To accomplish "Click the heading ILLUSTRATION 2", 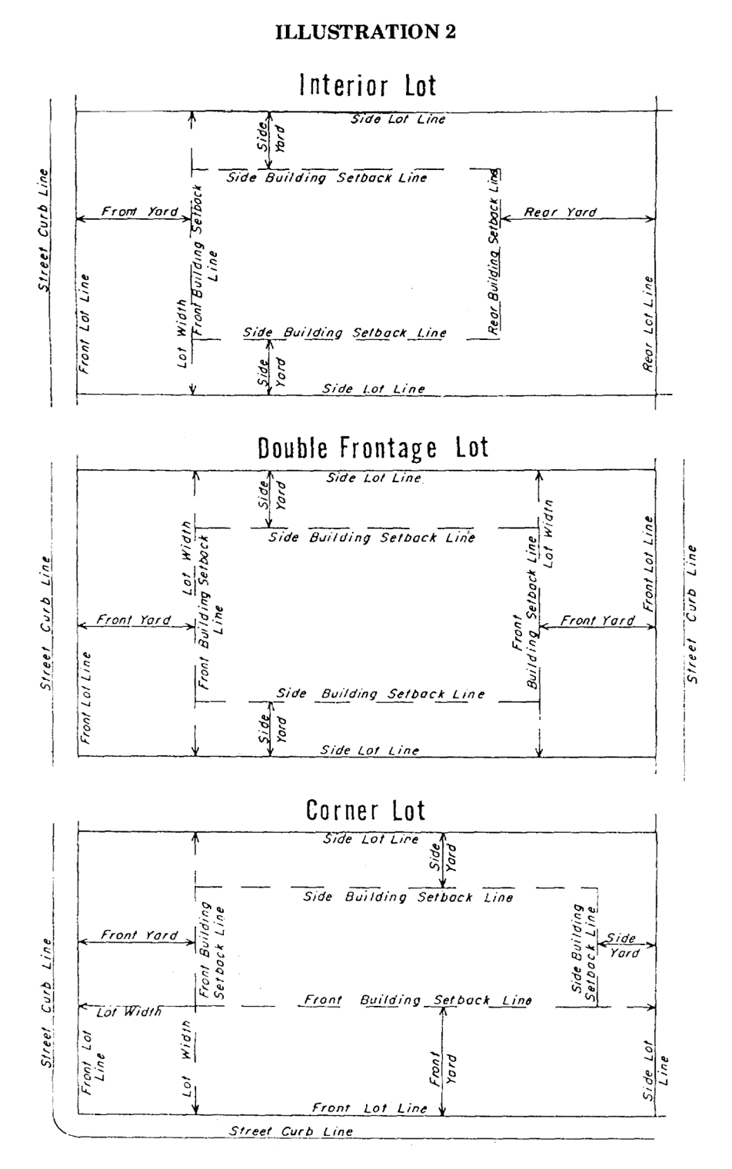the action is coord(365,32).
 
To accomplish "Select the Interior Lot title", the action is coord(368,85).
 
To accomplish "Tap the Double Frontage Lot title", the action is coord(373,448).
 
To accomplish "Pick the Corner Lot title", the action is coord(365,810).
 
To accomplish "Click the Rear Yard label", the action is coord(560,211).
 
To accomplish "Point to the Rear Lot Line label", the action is coord(649,324).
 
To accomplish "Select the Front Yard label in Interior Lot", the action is coord(139,211).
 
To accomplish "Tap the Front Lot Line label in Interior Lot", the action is coord(84,324).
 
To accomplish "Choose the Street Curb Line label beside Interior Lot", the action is coord(43,231).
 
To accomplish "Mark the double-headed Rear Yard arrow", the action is coord(577,220).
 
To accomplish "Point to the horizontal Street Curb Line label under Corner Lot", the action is coord(291,1131).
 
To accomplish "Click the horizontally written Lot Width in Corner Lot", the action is coord(128,1012).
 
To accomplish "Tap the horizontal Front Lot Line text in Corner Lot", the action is coord(369,1108).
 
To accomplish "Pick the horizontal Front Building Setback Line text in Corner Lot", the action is coord(418,1001).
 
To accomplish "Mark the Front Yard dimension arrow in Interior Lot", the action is coord(135,220).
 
